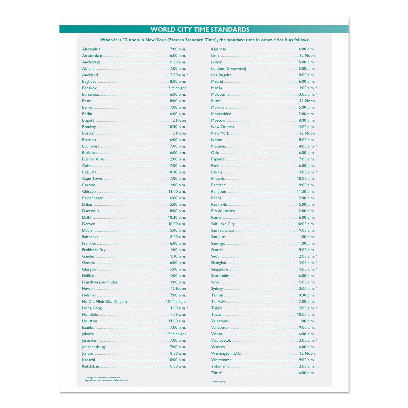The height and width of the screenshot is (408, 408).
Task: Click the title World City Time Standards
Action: pyautogui.click(x=200, y=29)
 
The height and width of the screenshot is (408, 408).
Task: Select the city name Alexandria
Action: pyautogui.click(x=91, y=49)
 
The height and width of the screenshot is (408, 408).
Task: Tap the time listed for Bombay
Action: pyautogui.click(x=177, y=127)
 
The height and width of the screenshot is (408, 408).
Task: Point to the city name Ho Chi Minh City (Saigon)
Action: pyautogui.click(x=104, y=302)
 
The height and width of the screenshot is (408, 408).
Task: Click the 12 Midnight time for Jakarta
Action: pyautogui.click(x=176, y=334)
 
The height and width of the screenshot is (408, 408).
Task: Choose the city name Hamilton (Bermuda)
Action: pyautogui.click(x=99, y=282)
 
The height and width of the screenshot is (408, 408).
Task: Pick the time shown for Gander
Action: pyautogui.click(x=178, y=256)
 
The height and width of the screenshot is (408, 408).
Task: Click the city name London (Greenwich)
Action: pyautogui.click(x=228, y=69)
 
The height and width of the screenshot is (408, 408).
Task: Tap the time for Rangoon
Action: pyautogui.click(x=305, y=191)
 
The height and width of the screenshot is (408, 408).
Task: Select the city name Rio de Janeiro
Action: pyautogui.click(x=223, y=211)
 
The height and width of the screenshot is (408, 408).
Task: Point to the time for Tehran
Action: pyautogui.click(x=307, y=295)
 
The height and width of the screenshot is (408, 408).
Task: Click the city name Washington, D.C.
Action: pyautogui.click(x=226, y=353)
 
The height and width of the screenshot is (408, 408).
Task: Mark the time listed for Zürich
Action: pyautogui.click(x=307, y=373)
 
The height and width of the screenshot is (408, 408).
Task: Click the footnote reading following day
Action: pyautogui.click(x=218, y=382)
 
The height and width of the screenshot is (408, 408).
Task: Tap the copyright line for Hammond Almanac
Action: pyautogui.click(x=103, y=378)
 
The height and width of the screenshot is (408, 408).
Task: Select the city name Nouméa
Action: pyautogui.click(x=218, y=146)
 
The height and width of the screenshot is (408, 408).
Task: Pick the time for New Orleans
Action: pyautogui.click(x=306, y=127)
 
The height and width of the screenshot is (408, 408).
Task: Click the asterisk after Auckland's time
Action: pyautogui.click(x=188, y=75)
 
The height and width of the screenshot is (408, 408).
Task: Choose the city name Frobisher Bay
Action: pyautogui.click(x=94, y=250)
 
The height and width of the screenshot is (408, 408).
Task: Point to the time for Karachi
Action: pyautogui.click(x=177, y=360)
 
